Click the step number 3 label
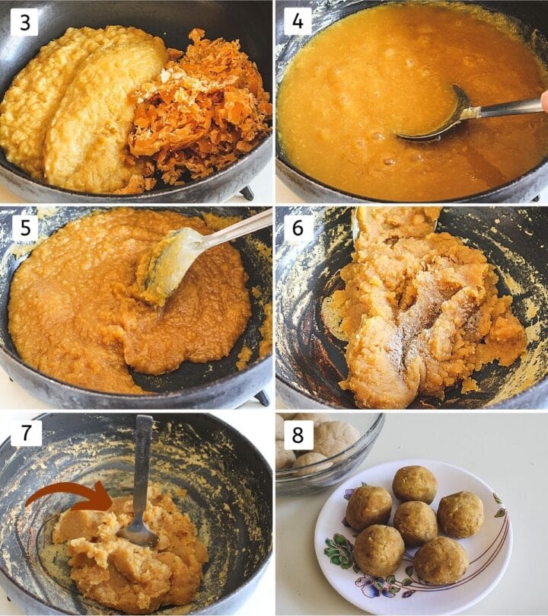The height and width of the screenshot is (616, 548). [24, 22]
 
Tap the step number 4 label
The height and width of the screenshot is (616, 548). [298, 21]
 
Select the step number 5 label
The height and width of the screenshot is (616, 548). [25, 227]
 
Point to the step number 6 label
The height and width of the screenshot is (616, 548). [298, 227]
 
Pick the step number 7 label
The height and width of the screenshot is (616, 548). [26, 432]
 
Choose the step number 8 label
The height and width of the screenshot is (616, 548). [298, 435]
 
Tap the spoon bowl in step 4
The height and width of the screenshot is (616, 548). [435, 116]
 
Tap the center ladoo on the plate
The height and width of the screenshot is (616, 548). [416, 523]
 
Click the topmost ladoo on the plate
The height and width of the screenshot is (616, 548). [415, 484]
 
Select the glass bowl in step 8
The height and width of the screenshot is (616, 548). [330, 452]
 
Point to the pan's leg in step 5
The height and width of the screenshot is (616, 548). [263, 397]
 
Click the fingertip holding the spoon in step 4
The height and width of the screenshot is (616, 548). [544, 101]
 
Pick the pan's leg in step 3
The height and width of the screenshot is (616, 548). [247, 193]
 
